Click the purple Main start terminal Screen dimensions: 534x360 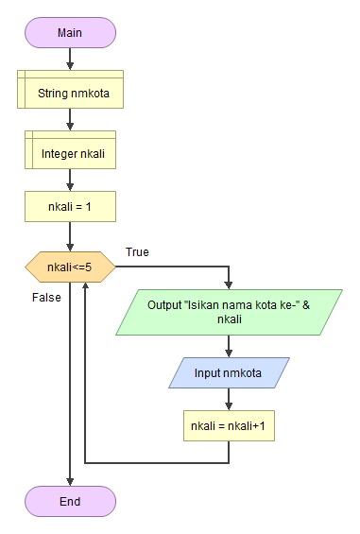pos(70,32)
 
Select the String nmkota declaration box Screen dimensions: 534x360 pos(70,94)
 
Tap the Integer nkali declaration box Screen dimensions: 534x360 pos(70,151)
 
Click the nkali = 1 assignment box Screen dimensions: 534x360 pos(70,206)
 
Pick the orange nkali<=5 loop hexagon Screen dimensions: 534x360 pos(70,267)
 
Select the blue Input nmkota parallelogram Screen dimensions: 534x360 pos(229,372)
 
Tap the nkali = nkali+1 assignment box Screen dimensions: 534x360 pos(229,425)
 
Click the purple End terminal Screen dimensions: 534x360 pos(70,501)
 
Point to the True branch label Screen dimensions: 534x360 pos(137,252)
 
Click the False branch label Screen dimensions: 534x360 pos(46,297)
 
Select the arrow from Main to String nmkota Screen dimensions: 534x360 pos(70,59)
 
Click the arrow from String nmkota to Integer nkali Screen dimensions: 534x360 pos(70,120)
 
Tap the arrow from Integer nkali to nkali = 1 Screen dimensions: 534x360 pos(70,179)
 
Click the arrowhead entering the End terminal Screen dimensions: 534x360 pos(70,481)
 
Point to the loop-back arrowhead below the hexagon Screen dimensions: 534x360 pos(86,286)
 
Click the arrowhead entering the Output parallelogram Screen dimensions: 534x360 pos(229,284)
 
